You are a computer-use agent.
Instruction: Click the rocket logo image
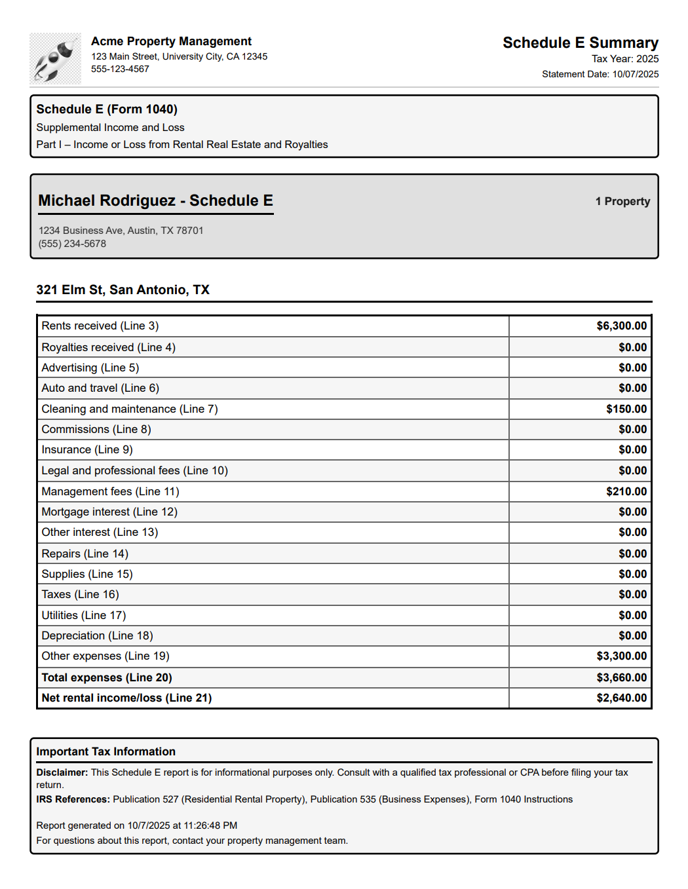coord(55,59)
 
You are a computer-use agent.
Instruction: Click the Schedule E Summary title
coord(580,43)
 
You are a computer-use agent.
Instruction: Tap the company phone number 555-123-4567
coord(120,69)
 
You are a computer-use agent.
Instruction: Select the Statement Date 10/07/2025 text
coord(600,74)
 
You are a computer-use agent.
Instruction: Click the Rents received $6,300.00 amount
coord(621,326)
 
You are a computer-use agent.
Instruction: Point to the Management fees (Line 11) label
coord(110,491)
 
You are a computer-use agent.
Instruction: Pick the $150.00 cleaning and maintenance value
coord(626,409)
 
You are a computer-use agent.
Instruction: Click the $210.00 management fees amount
coord(626,491)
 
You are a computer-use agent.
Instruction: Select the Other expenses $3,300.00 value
coord(621,656)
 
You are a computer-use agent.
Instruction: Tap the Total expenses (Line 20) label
coord(107,677)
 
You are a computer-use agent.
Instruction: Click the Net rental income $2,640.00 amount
coord(621,698)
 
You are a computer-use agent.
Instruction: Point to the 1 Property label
coord(622,201)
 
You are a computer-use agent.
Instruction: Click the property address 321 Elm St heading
coord(123,290)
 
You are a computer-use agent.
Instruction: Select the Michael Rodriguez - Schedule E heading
coord(155,200)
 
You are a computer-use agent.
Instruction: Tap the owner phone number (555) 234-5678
coord(72,244)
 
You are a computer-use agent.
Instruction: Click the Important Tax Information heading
coord(105,751)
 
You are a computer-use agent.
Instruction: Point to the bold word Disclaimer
coord(62,772)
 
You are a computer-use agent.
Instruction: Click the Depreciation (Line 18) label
coord(97,635)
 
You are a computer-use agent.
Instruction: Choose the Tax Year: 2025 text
coord(624,59)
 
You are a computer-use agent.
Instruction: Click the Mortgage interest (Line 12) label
coord(109,512)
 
